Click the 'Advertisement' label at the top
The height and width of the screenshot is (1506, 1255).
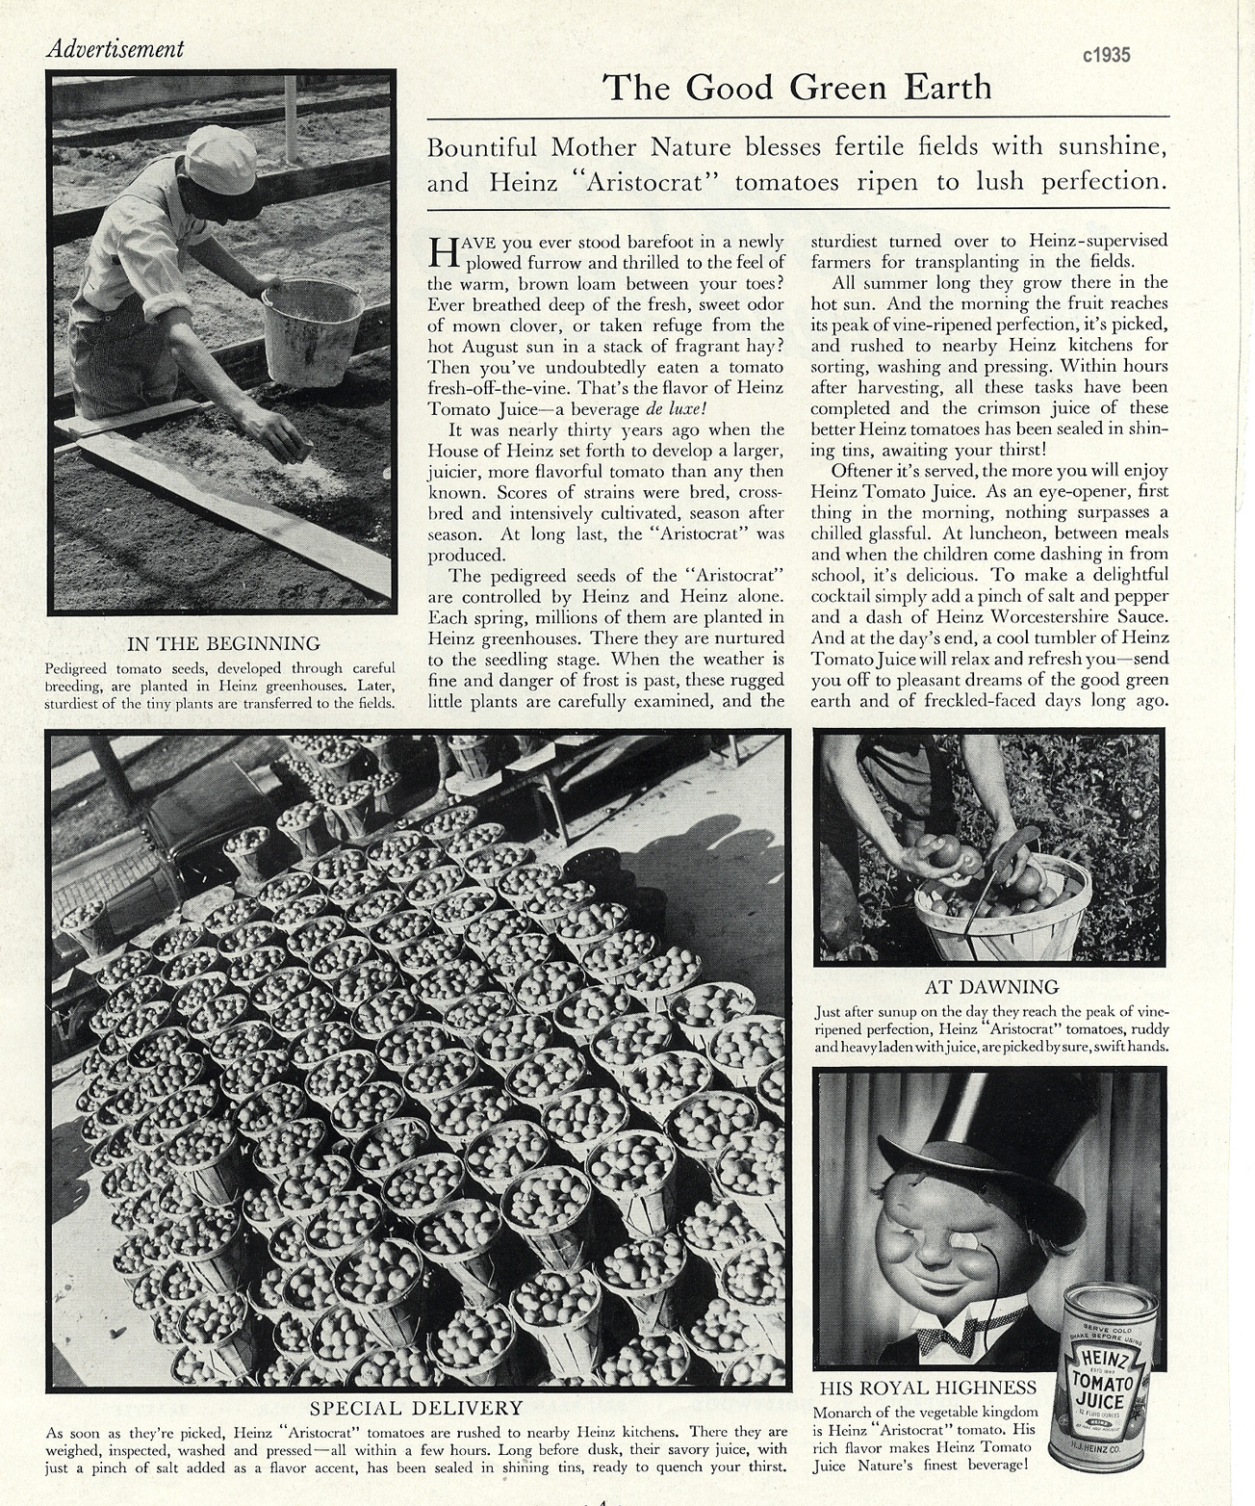tap(115, 48)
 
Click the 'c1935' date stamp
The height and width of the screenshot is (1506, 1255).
tap(1106, 55)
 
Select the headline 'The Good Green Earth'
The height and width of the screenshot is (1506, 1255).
tap(797, 88)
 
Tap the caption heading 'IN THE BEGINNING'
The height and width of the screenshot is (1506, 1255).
tap(223, 643)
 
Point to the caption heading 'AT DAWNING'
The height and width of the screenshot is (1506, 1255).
tap(991, 986)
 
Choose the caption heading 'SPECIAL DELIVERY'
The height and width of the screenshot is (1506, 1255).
tap(417, 1408)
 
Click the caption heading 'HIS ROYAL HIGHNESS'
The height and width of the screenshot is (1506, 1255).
tap(928, 1388)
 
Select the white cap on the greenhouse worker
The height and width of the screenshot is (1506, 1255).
tap(221, 160)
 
